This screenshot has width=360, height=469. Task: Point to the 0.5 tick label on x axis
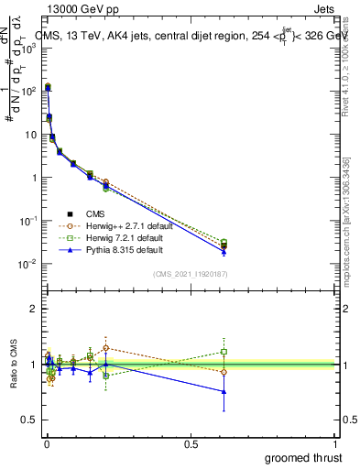[x=191, y=444]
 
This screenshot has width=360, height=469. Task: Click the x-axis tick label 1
[x=335, y=444]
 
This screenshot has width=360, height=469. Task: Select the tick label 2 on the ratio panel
[x=34, y=309]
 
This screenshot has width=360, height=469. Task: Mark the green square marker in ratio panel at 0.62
[x=224, y=352]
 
